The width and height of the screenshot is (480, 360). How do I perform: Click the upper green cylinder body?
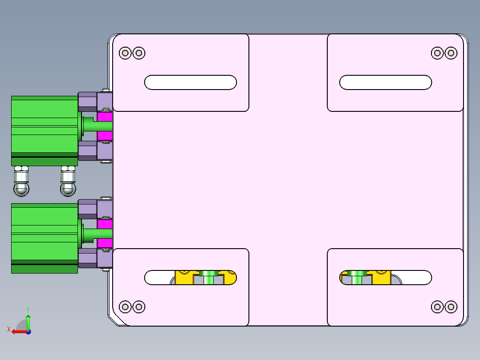point(45,131)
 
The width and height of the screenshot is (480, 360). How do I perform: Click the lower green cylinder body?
point(45,238)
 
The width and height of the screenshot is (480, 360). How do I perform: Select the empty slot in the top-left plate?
point(191,82)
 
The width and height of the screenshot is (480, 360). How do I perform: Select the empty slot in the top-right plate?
point(386,82)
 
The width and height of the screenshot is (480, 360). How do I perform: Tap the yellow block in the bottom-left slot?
point(183,278)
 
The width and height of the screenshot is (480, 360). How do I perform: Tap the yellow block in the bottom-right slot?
point(382,278)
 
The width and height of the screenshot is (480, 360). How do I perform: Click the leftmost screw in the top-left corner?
point(125,53)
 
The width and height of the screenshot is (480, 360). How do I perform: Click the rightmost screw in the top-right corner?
point(451,53)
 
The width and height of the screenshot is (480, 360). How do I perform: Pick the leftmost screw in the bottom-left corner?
point(125,307)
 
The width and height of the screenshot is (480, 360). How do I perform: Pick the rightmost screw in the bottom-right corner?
point(451,307)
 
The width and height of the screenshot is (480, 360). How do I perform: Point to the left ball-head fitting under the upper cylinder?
point(21,181)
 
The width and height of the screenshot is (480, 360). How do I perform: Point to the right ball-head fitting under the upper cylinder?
point(68,181)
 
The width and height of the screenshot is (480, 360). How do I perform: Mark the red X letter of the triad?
point(9,329)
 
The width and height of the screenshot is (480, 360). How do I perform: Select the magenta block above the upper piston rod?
point(105,116)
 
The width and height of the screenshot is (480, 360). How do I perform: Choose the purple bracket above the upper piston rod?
point(95,102)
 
